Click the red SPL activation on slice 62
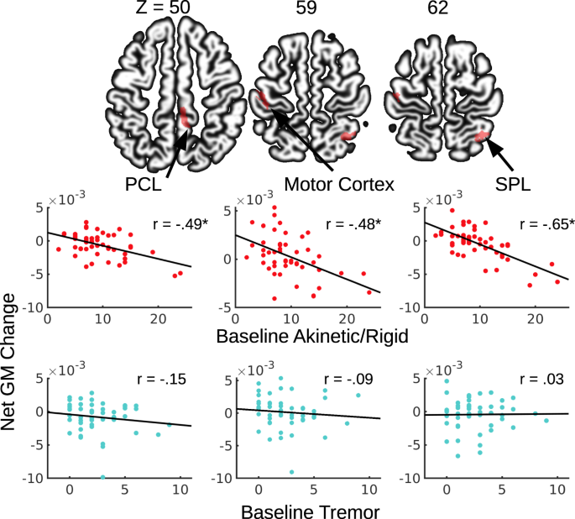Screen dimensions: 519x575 click(481, 135)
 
